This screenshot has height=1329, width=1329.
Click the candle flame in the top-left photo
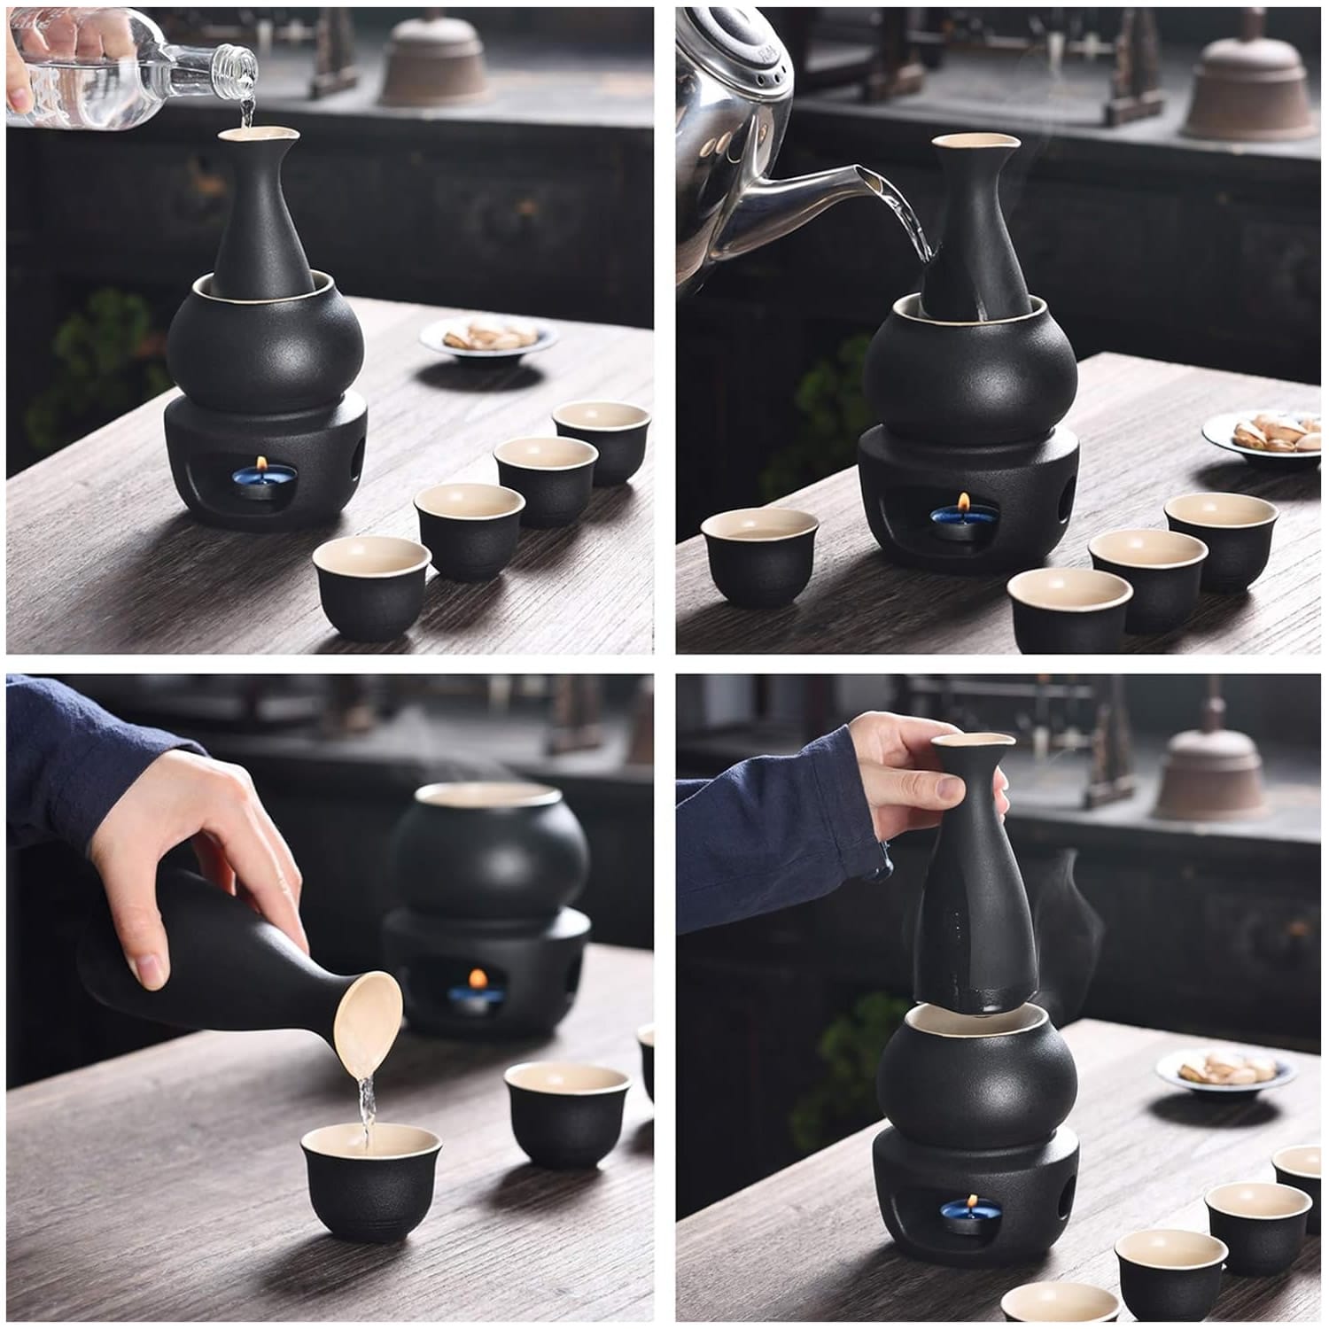click(262, 463)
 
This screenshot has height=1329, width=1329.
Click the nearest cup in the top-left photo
click(372, 584)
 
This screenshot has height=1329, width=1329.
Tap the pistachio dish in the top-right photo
click(1269, 435)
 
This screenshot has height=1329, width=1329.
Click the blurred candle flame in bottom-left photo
click(478, 979)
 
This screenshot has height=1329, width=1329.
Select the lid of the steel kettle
click(753, 53)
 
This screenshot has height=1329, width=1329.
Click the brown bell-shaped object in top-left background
click(434, 62)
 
